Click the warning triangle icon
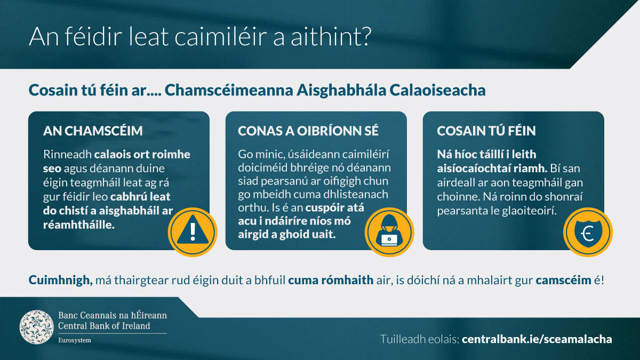[x=193, y=232]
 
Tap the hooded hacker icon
[x=389, y=232]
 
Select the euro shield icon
[x=588, y=232]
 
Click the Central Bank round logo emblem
[x=37, y=327]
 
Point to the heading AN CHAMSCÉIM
[x=93, y=131]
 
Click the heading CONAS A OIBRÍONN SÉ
[x=308, y=131]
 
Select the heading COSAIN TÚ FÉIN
[x=486, y=131]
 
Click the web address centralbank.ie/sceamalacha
[x=537, y=339]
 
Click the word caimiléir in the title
[x=221, y=37]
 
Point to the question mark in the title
[x=366, y=37]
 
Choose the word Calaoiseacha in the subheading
[x=437, y=90]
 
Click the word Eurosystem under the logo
[x=75, y=340]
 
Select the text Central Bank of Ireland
[x=104, y=326]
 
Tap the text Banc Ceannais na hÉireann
[x=113, y=315]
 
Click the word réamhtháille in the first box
[x=78, y=225]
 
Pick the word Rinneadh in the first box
[x=67, y=154]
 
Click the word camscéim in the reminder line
[x=563, y=281]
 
